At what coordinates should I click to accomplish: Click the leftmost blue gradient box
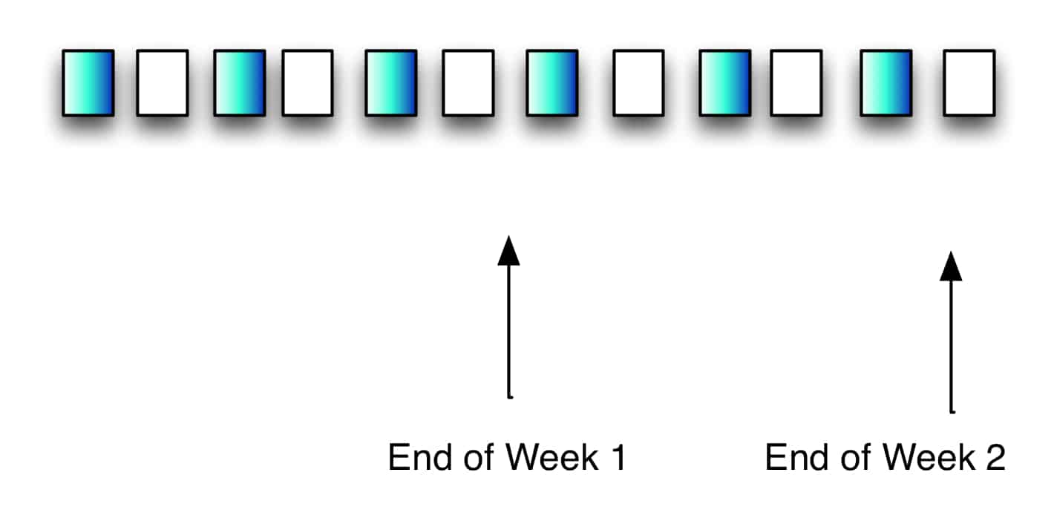(x=88, y=82)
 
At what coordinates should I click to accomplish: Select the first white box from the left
(x=162, y=82)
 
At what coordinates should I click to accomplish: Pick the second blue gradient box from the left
(x=239, y=82)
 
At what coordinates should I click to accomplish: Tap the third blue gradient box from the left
(x=390, y=82)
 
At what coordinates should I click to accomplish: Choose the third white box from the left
(x=468, y=82)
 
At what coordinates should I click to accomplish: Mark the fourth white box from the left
(x=638, y=82)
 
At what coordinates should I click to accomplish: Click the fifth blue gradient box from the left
(x=724, y=82)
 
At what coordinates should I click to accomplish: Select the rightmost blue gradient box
(x=886, y=82)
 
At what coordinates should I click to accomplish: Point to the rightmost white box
(x=969, y=82)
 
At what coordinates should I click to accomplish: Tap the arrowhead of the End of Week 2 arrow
(x=951, y=266)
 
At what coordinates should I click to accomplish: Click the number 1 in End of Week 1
(x=618, y=458)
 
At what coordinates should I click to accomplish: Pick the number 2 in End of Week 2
(x=995, y=458)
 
